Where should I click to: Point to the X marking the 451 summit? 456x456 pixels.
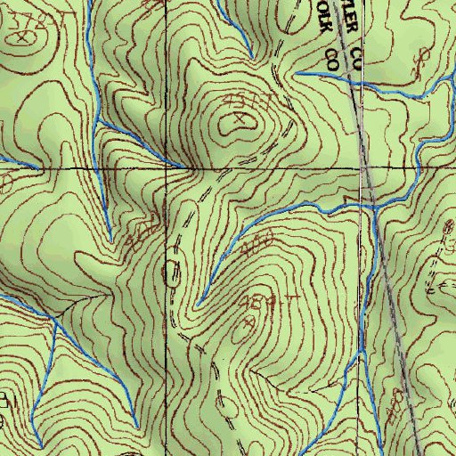240,117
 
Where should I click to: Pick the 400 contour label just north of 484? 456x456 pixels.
259,240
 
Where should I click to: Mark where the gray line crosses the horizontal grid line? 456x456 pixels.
362,167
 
